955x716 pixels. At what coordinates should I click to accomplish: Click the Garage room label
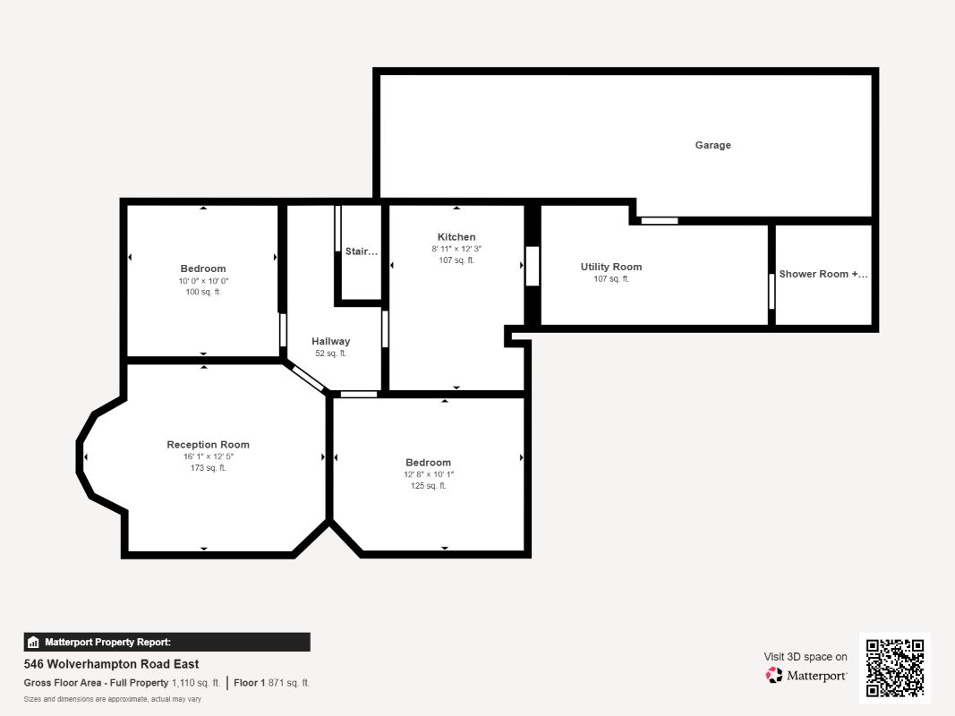pyautogui.click(x=712, y=145)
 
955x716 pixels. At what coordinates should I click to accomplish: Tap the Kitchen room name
pyautogui.click(x=456, y=237)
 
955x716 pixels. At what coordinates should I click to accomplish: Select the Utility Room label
pyautogui.click(x=611, y=267)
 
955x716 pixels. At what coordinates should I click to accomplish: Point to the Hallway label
pyautogui.click(x=331, y=341)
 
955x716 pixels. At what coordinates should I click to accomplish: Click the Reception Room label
pyautogui.click(x=208, y=445)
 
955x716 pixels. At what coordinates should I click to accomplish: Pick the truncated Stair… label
pyautogui.click(x=362, y=251)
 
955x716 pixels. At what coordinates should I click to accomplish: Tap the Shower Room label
pyautogui.click(x=823, y=274)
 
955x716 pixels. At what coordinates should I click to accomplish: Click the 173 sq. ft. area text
pyautogui.click(x=208, y=467)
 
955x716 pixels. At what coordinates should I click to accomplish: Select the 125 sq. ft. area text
pyautogui.click(x=428, y=485)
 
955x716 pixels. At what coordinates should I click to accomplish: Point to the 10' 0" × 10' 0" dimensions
pyautogui.click(x=203, y=281)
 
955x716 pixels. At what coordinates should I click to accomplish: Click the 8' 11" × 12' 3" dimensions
pyautogui.click(x=456, y=249)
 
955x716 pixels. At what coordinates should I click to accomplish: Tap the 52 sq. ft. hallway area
pyautogui.click(x=331, y=354)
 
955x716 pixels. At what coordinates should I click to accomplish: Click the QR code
pyautogui.click(x=895, y=668)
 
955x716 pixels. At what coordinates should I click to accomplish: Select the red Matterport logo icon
pyautogui.click(x=774, y=675)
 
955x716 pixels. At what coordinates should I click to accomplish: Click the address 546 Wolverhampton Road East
pyautogui.click(x=112, y=663)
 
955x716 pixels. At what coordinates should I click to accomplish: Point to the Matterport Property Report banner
pyautogui.click(x=166, y=642)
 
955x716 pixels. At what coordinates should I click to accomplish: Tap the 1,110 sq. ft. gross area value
pyautogui.click(x=195, y=683)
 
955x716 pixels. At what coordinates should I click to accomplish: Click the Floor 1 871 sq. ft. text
pyautogui.click(x=271, y=683)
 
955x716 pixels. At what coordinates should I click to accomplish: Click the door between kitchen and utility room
pyautogui.click(x=533, y=266)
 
